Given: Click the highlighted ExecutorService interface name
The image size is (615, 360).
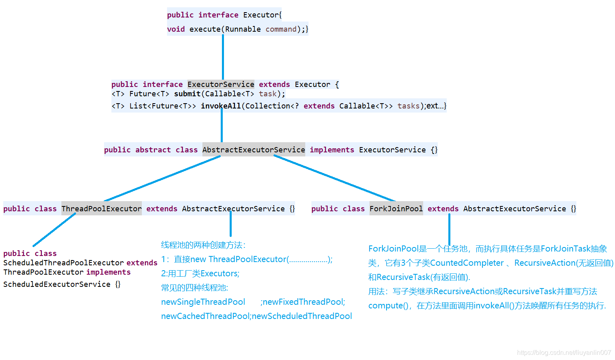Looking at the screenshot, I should (x=221, y=85).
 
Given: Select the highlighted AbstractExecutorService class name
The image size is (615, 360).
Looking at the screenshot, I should (x=254, y=150).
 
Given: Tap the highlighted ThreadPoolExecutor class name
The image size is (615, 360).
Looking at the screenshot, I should (x=102, y=209).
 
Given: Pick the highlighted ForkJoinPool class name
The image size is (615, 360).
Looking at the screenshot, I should (x=396, y=209).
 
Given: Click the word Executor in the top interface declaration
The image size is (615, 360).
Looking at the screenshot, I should (x=261, y=15).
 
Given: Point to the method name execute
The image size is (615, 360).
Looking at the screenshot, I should (x=205, y=29).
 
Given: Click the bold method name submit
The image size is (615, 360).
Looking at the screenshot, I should (x=187, y=94).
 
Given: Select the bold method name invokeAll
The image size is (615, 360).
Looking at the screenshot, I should (x=221, y=106).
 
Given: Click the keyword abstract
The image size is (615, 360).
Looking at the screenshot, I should (x=153, y=150).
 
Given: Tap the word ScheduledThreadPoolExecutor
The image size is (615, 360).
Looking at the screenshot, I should (x=63, y=263).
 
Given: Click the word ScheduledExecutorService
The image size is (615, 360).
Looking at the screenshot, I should (x=57, y=284).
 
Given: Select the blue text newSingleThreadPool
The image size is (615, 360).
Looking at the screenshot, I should (x=203, y=302).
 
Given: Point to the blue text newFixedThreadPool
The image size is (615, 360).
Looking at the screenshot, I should (x=304, y=302).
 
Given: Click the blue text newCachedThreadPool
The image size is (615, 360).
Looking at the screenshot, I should (x=205, y=316).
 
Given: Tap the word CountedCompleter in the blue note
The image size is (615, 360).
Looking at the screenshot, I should (x=467, y=263).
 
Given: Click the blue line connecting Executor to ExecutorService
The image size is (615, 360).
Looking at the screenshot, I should (x=223, y=57).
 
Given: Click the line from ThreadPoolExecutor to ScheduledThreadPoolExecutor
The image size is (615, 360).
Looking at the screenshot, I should (x=54, y=230).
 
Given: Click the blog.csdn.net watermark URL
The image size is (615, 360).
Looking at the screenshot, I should (x=564, y=353).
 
